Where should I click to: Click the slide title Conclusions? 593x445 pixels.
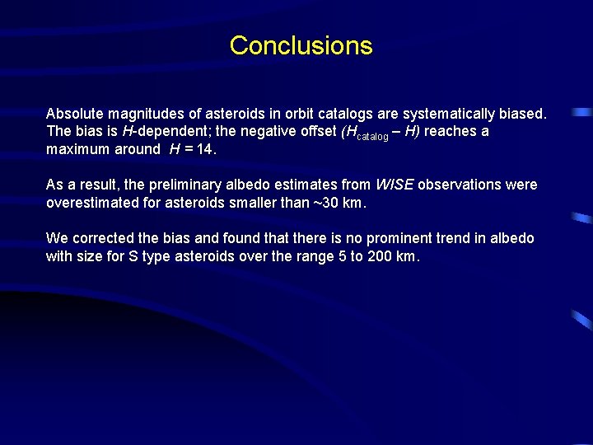point(301,45)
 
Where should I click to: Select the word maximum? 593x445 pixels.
point(80,149)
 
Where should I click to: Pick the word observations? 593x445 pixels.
point(462,185)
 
